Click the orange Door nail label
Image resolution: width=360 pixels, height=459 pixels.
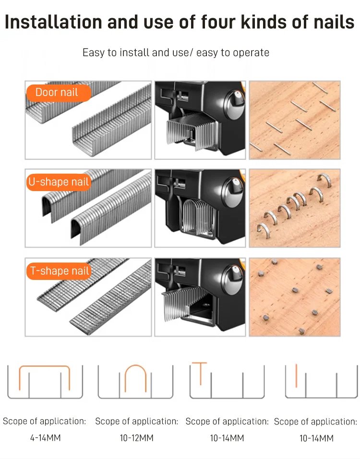point(59,93)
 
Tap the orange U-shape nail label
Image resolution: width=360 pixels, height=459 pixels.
point(59,182)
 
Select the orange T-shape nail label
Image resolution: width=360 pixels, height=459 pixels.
point(59,271)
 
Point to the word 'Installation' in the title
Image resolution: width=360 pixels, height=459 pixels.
point(54,22)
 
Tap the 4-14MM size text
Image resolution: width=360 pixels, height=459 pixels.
point(46,438)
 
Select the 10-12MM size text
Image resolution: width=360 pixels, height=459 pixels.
point(136,438)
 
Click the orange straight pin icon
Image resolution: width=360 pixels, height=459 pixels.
point(296,375)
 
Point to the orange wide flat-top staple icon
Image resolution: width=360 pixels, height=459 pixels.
point(45,366)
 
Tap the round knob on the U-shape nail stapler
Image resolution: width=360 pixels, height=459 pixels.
point(233,192)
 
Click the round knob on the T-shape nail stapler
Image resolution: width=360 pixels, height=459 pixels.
point(232,280)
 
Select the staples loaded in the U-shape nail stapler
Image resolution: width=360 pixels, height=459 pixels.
point(198,217)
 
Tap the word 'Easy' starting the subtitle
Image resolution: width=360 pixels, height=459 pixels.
point(94,53)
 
